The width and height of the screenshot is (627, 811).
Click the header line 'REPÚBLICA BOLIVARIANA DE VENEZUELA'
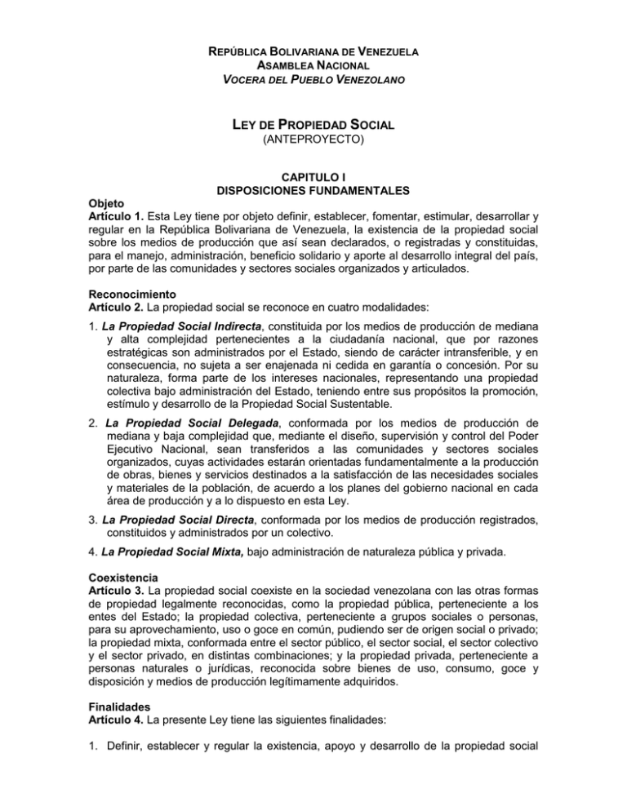click(x=313, y=51)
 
